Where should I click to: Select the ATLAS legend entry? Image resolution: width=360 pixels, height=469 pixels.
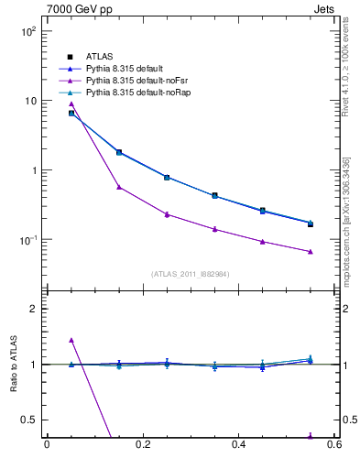pos(97,57)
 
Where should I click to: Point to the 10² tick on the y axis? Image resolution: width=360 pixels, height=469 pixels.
pos(27,31)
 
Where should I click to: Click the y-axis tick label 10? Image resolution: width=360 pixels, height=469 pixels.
pos(29,101)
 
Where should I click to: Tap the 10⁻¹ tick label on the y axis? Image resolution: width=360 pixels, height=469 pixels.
pos(27,240)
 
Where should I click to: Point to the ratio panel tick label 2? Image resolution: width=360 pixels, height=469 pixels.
pos(33,309)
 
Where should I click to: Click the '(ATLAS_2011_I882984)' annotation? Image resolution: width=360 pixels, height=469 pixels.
pos(190,274)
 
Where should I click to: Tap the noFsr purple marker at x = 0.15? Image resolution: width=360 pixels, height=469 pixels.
pos(119,187)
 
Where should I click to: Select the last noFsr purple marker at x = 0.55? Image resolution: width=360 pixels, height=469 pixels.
pos(311,252)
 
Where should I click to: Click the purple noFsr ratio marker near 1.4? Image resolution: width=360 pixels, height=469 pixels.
pos(71,340)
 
